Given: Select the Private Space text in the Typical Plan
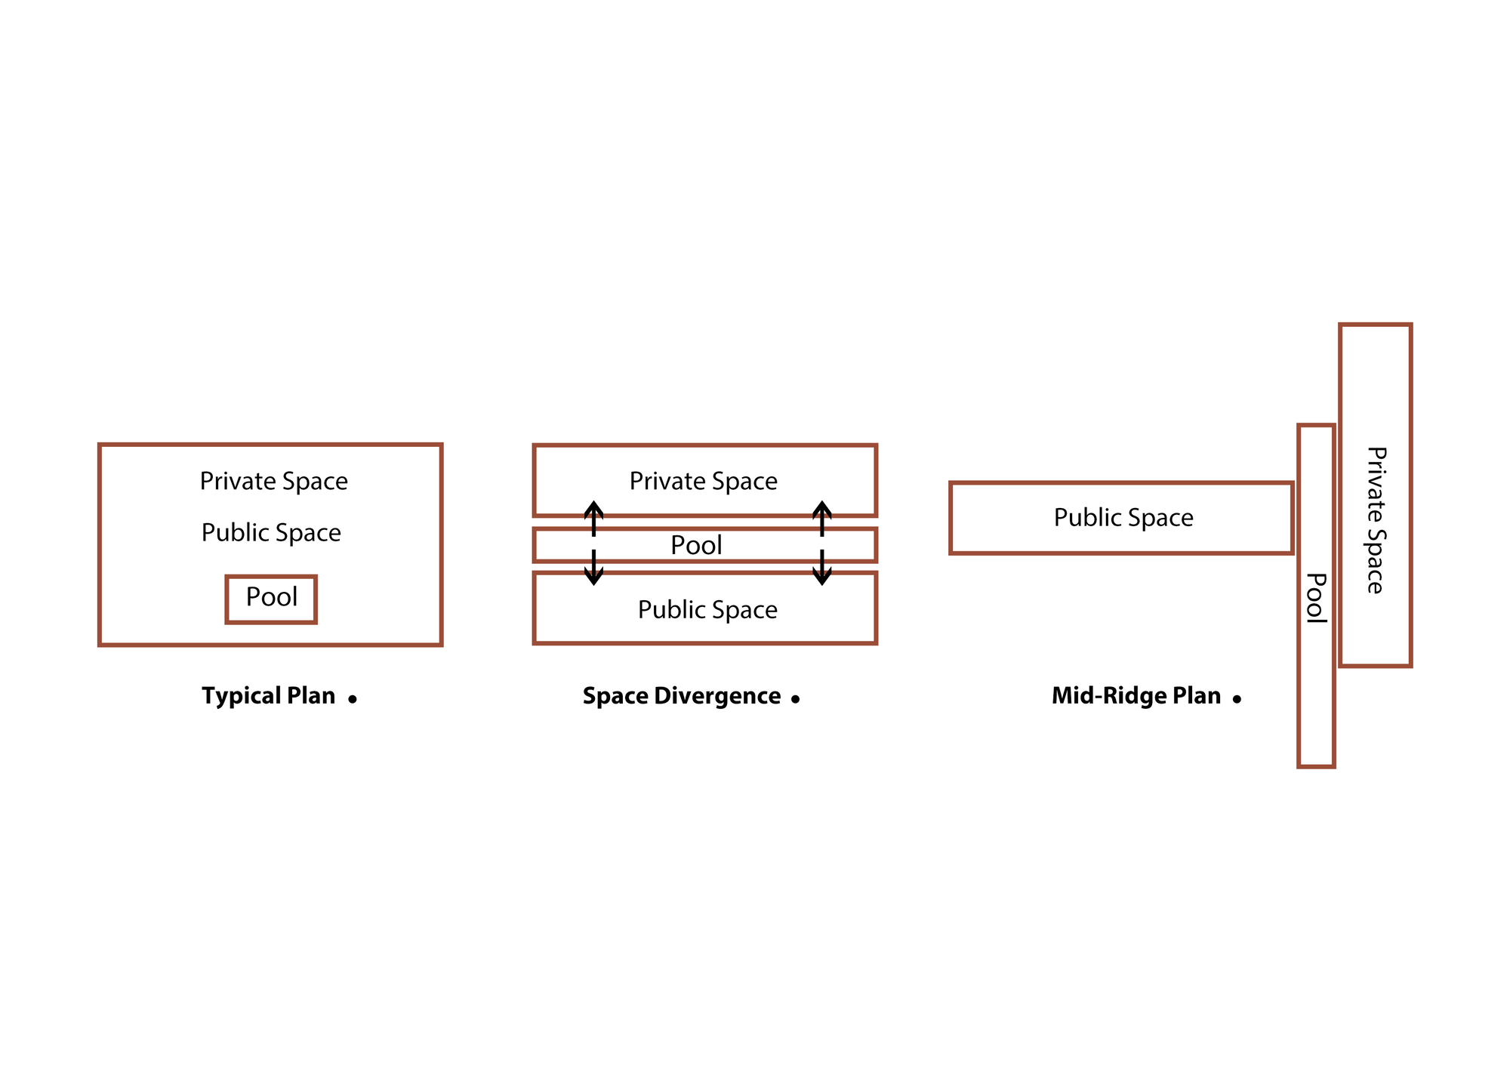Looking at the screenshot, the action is click(274, 481).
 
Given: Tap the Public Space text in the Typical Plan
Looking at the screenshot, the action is click(271, 533).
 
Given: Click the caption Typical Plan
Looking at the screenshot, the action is click(268, 696).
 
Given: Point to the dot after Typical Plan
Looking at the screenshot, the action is click(352, 699).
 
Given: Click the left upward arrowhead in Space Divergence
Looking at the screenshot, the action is click(594, 508).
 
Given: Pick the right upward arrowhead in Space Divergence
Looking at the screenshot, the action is click(822, 508).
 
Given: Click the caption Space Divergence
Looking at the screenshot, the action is click(682, 696).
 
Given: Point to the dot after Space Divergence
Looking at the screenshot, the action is click(795, 699).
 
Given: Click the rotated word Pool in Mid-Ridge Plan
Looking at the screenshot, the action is click(1317, 598).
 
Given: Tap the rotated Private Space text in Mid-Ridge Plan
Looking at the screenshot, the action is click(1376, 520).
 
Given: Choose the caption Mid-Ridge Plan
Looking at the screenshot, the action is click(1136, 696).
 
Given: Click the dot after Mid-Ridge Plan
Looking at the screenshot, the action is click(1237, 699).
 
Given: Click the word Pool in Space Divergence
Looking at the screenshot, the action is click(696, 545).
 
